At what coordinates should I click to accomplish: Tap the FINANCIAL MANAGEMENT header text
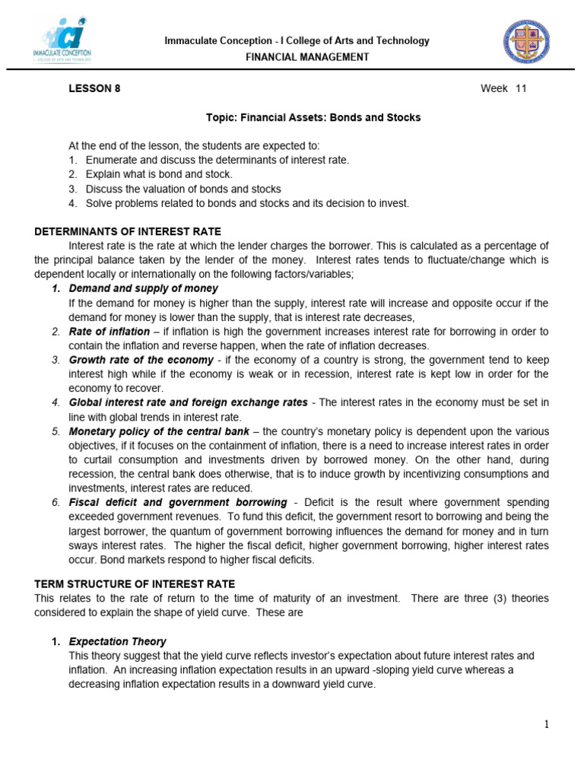pyautogui.click(x=297, y=57)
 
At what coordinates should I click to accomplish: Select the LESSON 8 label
pyautogui.click(x=94, y=88)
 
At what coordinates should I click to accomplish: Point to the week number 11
pyautogui.click(x=521, y=88)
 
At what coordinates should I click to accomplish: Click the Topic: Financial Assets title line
pyautogui.click(x=313, y=118)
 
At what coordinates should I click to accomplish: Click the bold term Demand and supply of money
pyautogui.click(x=143, y=288)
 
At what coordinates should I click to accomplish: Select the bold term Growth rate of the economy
pyautogui.click(x=141, y=360)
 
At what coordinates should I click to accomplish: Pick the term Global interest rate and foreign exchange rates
pyautogui.click(x=188, y=402)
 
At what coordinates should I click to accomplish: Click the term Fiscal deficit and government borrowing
pyautogui.click(x=178, y=503)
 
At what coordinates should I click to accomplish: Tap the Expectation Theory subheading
pyautogui.click(x=117, y=641)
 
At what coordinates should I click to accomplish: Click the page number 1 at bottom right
pyautogui.click(x=546, y=725)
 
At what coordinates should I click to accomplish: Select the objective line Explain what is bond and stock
pyautogui.click(x=159, y=174)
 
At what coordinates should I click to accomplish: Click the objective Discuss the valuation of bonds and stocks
pyautogui.click(x=183, y=189)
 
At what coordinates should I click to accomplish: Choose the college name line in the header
pyautogui.click(x=297, y=41)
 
